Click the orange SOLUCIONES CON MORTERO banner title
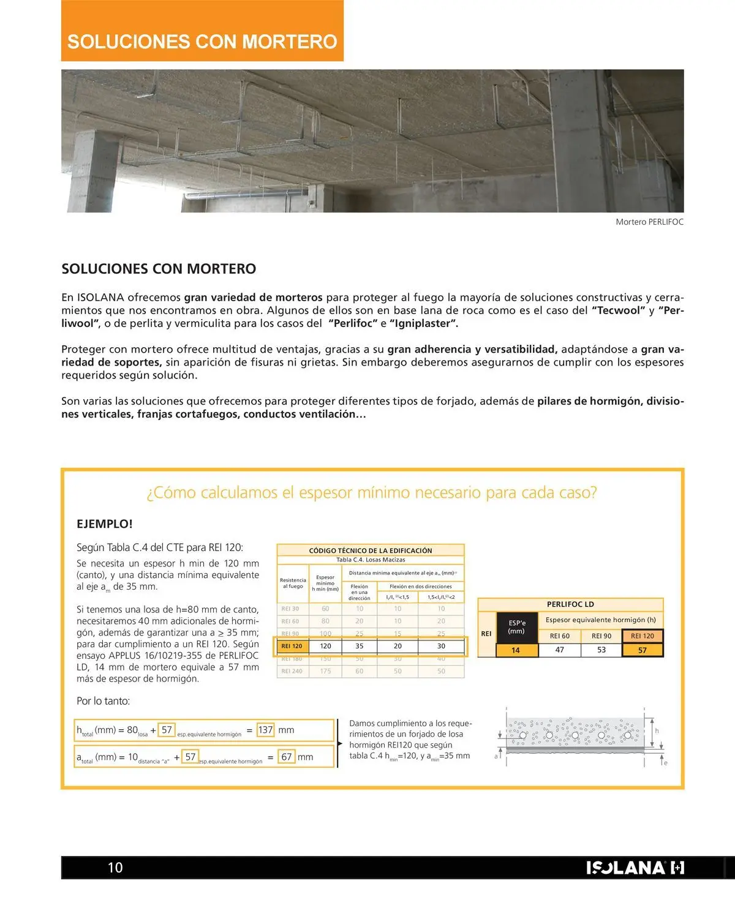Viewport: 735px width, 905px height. tap(202, 41)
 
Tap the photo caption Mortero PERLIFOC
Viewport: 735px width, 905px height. tap(649, 222)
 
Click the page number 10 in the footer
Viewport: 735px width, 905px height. tap(115, 867)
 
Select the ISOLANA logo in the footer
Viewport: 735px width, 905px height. tap(635, 868)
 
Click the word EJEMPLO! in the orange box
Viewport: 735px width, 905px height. tap(104, 524)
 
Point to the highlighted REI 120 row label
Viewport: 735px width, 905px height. tap(292, 646)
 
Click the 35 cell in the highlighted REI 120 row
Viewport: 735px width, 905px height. tap(359, 646)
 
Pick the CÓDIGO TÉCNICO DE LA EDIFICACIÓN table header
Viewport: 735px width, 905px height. tap(370, 550)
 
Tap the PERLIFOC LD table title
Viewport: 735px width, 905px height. tap(570, 604)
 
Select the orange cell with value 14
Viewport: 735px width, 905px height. tap(516, 650)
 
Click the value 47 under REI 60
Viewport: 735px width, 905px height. tap(559, 650)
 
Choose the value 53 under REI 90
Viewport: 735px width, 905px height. tap(601, 650)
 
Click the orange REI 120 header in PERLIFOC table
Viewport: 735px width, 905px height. tap(642, 636)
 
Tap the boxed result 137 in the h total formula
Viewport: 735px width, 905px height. tap(265, 730)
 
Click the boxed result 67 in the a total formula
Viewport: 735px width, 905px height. tap(286, 757)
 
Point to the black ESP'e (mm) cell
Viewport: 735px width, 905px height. tap(516, 627)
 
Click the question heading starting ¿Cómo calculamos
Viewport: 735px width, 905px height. tap(371, 493)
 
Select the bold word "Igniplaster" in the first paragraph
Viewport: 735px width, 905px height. tap(424, 323)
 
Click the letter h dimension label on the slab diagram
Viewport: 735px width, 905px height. tap(657, 730)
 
